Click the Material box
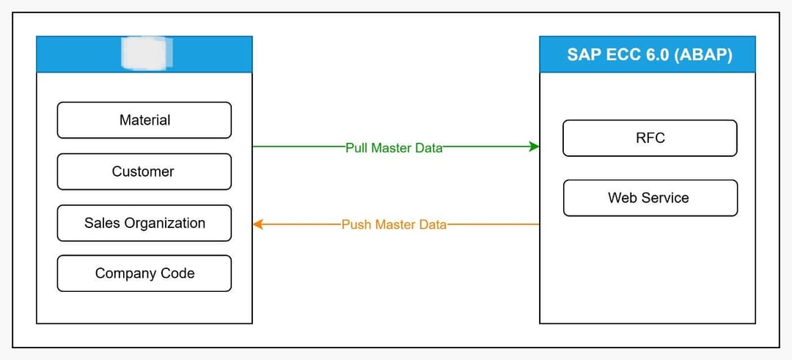(x=144, y=120)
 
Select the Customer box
(x=144, y=172)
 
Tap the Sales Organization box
(x=144, y=223)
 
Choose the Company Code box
(x=144, y=273)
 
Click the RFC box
(x=650, y=138)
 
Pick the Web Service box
(x=650, y=198)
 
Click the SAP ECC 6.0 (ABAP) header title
(x=649, y=55)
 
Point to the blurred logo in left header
(x=146, y=53)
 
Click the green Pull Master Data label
(x=394, y=147)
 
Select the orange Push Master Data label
(x=394, y=224)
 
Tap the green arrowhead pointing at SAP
(x=534, y=147)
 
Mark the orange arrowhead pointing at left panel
(x=258, y=224)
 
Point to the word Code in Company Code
(x=178, y=273)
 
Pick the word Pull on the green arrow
(x=357, y=147)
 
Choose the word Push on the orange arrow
(x=357, y=224)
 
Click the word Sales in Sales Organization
(x=100, y=223)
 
